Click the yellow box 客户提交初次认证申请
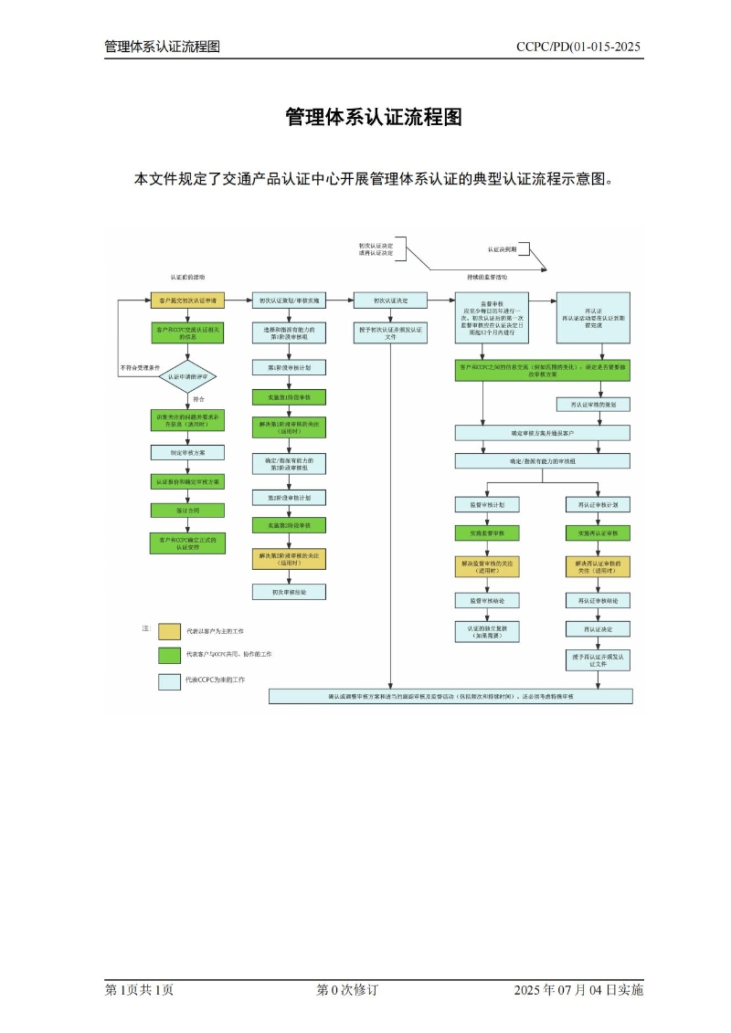pyautogui.click(x=187, y=300)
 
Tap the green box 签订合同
pyautogui.click(x=187, y=511)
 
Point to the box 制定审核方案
pyautogui.click(x=187, y=451)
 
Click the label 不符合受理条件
pyautogui.click(x=140, y=368)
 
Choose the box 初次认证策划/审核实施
pyautogui.click(x=290, y=300)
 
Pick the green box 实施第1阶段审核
pyautogui.click(x=290, y=397)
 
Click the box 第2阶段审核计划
pyautogui.click(x=290, y=498)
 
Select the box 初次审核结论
pyautogui.click(x=290, y=592)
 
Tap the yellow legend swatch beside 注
pyautogui.click(x=169, y=631)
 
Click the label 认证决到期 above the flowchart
pyautogui.click(x=502, y=249)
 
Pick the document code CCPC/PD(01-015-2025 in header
pyautogui.click(x=577, y=47)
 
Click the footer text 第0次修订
pyautogui.click(x=347, y=990)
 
